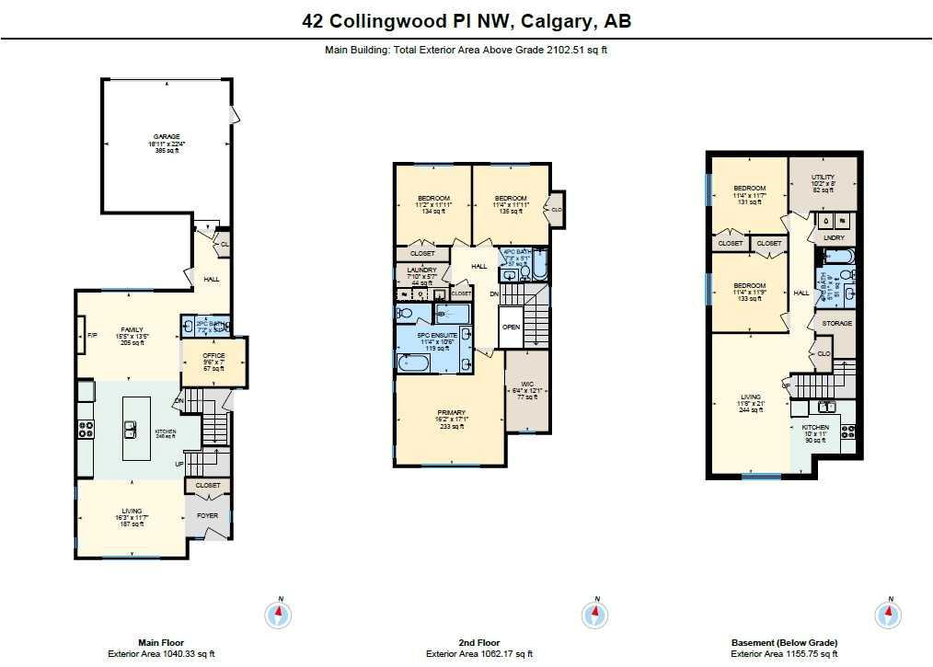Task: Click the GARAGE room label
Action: [x=167, y=137]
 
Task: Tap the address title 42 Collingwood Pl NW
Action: [x=466, y=21]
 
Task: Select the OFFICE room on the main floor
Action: [x=213, y=356]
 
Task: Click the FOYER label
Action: [x=208, y=515]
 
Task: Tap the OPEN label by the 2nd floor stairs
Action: [x=511, y=327]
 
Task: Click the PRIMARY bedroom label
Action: [x=451, y=412]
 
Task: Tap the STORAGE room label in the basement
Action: [x=836, y=324]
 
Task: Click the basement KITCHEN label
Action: [x=815, y=428]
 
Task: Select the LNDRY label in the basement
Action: [x=835, y=238]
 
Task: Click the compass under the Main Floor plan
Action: [x=278, y=614]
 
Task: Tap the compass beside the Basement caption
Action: [x=888, y=614]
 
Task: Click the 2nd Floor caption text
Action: [x=479, y=643]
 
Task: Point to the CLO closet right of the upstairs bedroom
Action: [x=556, y=210]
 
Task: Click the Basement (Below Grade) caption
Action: [x=784, y=643]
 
